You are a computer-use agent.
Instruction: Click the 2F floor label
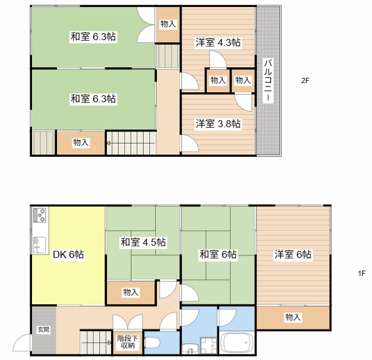pos(305,81)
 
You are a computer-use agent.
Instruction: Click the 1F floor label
pos(361,273)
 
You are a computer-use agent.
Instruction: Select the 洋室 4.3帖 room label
pos(218,42)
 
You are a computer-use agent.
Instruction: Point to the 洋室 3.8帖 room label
pos(218,124)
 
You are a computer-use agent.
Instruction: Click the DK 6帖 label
pos(69,254)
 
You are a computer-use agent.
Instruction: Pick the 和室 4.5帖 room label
pos(143,242)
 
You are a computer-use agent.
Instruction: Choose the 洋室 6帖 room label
pos(293,254)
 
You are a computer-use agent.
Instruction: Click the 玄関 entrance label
pos(44,329)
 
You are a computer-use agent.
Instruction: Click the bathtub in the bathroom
pos(237,343)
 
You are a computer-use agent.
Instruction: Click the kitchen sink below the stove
pos(40,242)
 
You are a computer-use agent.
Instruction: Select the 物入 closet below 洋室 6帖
pos(293,317)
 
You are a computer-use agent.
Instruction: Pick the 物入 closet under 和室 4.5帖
pos(131,293)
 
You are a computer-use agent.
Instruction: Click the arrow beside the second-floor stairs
pos(108,142)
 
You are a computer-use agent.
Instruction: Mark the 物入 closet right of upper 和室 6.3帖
pos(168,24)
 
